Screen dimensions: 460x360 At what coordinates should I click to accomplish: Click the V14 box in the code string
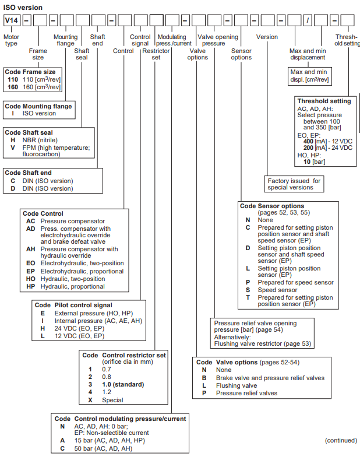tap(12, 21)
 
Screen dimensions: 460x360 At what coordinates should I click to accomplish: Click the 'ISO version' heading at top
tap(21, 6)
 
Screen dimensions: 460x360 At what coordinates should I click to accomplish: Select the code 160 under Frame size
tap(13, 87)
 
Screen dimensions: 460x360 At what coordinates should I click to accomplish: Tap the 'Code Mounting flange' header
tap(38, 106)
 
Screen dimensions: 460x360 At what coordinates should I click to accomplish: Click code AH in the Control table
tap(31, 249)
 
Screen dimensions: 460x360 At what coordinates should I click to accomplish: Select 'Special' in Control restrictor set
tap(113, 400)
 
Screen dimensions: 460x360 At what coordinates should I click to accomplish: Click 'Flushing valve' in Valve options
tap(237, 385)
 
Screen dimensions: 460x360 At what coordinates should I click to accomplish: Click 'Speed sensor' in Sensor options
tap(277, 290)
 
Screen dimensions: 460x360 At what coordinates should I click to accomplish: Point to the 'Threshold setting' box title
tap(324, 101)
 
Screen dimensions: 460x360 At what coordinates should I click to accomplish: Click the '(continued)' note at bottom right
tap(341, 440)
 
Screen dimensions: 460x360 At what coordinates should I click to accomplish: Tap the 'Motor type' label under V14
tap(11, 40)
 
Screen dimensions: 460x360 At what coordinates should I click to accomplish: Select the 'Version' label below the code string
tap(267, 37)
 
